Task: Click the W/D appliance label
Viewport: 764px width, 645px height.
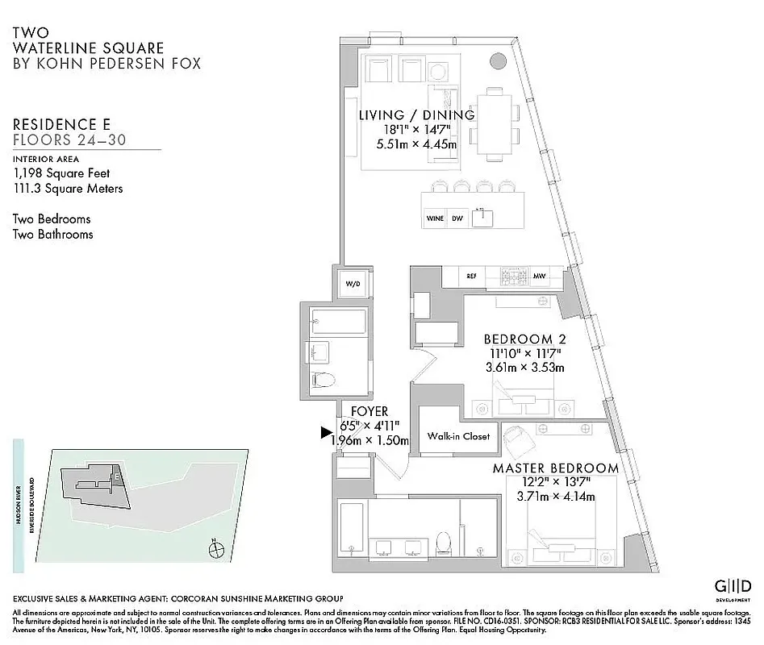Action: [x=353, y=285]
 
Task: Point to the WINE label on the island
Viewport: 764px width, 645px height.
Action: [x=434, y=218]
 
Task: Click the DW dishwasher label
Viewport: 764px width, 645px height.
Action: [x=457, y=218]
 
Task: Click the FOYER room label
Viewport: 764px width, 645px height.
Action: [x=369, y=412]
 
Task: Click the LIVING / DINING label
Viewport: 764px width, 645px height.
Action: [x=417, y=115]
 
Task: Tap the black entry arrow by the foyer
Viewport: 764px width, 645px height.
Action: [x=327, y=433]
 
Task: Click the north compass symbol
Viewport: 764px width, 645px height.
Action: [x=215, y=551]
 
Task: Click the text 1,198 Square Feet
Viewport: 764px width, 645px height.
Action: [x=61, y=173]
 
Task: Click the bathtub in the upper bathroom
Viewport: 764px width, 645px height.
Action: [x=338, y=321]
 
